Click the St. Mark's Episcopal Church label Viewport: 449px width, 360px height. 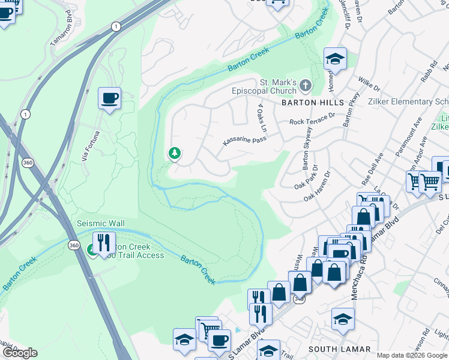tap(265, 86)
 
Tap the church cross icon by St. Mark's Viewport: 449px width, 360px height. tap(306, 86)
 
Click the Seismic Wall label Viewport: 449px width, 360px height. tap(101, 223)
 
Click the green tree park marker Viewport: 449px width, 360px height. tap(175, 154)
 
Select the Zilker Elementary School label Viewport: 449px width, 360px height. tap(411, 102)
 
